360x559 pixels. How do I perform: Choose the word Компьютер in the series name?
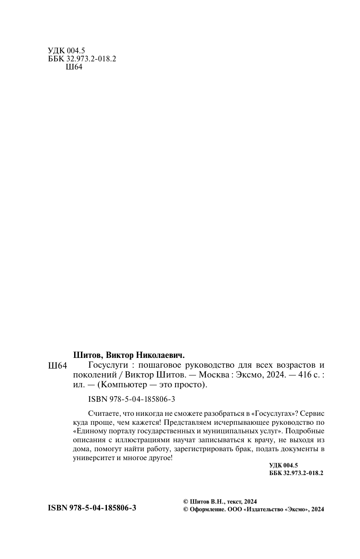[x=122, y=385]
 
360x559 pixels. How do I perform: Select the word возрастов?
[x=294, y=366]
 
